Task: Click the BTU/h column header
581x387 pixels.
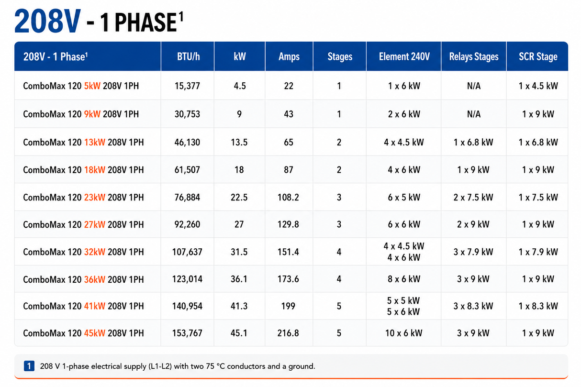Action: (x=188, y=56)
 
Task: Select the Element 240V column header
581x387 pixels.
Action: (x=404, y=56)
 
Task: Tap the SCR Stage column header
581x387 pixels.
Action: (x=538, y=56)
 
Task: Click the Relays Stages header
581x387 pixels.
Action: (x=474, y=56)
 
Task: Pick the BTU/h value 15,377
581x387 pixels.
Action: (x=187, y=86)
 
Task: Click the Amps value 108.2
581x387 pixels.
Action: (x=288, y=198)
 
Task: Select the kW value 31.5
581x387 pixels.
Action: (x=239, y=252)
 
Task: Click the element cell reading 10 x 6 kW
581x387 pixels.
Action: (x=403, y=333)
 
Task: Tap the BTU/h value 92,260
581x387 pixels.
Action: (x=187, y=224)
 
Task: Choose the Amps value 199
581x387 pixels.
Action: (x=288, y=306)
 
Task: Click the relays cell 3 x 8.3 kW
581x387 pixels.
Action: (x=473, y=306)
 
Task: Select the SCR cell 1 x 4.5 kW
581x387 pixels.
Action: (x=538, y=86)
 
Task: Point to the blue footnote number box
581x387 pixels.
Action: (x=29, y=366)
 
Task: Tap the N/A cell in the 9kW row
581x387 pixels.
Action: (x=474, y=114)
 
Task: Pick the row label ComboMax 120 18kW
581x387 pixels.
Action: (x=64, y=170)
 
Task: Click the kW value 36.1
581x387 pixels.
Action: (x=239, y=279)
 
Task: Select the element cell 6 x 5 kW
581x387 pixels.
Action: (x=404, y=198)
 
